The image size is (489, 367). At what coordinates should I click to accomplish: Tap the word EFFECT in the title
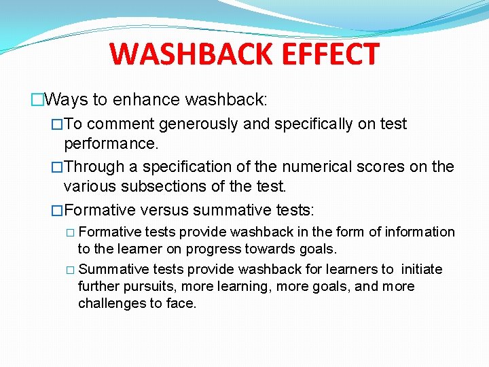[x=332, y=54]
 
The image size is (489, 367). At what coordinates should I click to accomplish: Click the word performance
[x=109, y=145]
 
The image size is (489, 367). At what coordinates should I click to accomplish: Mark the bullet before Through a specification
[x=57, y=167]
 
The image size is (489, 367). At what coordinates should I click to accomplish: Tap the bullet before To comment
[x=57, y=124]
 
